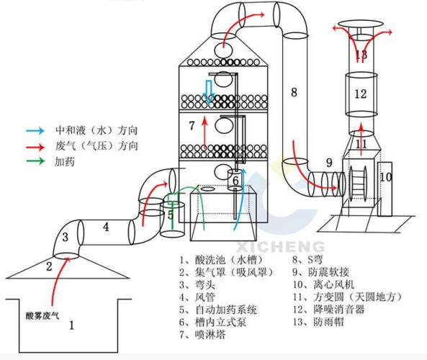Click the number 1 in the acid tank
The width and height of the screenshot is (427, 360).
[71, 325]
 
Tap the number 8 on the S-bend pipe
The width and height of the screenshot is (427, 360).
[294, 91]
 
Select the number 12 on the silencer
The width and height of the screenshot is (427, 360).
[361, 94]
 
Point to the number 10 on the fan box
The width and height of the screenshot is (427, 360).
[385, 176]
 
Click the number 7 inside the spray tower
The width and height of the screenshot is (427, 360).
[192, 125]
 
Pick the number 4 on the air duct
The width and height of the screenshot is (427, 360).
[105, 227]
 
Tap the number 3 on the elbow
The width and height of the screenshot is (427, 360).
[65, 236]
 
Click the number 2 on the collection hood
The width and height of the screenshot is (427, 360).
[50, 266]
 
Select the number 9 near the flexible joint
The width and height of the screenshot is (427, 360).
[328, 162]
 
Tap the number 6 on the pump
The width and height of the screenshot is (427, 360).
[235, 180]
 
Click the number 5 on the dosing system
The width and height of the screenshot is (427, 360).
[171, 214]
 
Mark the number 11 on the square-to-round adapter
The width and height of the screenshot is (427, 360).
[361, 144]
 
